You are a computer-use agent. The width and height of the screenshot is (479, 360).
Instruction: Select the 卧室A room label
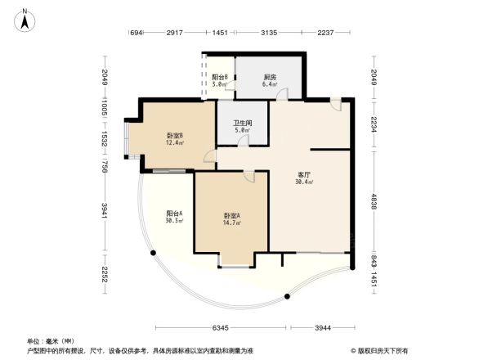(x=231, y=216)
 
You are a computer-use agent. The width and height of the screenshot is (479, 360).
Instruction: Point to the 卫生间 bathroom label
(x=242, y=124)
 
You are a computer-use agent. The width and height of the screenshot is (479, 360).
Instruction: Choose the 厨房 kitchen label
(x=269, y=77)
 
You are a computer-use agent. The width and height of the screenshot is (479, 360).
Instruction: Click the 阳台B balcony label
(x=220, y=77)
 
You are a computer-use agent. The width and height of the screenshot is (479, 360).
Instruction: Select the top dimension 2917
(x=174, y=33)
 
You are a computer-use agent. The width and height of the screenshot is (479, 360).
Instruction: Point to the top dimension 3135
(x=269, y=33)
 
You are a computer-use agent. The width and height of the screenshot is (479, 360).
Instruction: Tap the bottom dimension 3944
(x=324, y=328)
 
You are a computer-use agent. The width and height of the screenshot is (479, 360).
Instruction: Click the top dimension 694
(x=137, y=33)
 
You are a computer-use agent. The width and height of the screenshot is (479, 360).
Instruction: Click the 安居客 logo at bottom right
(x=381, y=349)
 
